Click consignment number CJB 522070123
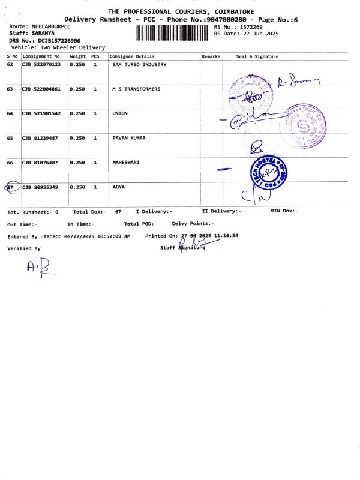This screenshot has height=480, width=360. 41,64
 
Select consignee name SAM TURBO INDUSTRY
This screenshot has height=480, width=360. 139,64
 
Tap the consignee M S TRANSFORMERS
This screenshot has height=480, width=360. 136,89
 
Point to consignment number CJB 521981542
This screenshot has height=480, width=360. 41,113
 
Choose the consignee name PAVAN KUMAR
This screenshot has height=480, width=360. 129,138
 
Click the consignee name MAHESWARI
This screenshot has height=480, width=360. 126,163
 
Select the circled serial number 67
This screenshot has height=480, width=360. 10,187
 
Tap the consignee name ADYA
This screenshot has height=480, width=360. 119,187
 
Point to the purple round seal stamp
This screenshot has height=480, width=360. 305,127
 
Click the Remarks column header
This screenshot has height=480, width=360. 211,56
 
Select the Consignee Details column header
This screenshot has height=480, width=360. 132,56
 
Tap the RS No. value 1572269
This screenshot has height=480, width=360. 250,27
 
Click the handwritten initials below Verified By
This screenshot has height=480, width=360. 37,268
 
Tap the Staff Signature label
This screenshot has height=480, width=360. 182,247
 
